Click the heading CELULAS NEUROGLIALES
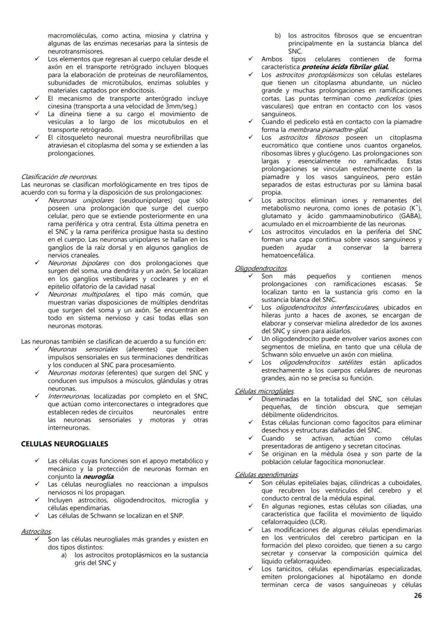[64, 444]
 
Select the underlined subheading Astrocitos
[36, 532]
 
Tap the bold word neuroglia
[99, 476]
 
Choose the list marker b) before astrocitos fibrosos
[278, 36]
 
